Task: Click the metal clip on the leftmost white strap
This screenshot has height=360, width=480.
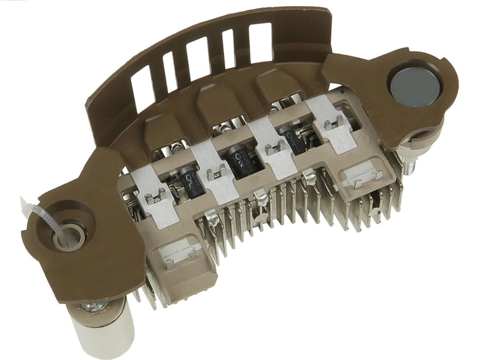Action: (153, 196)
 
